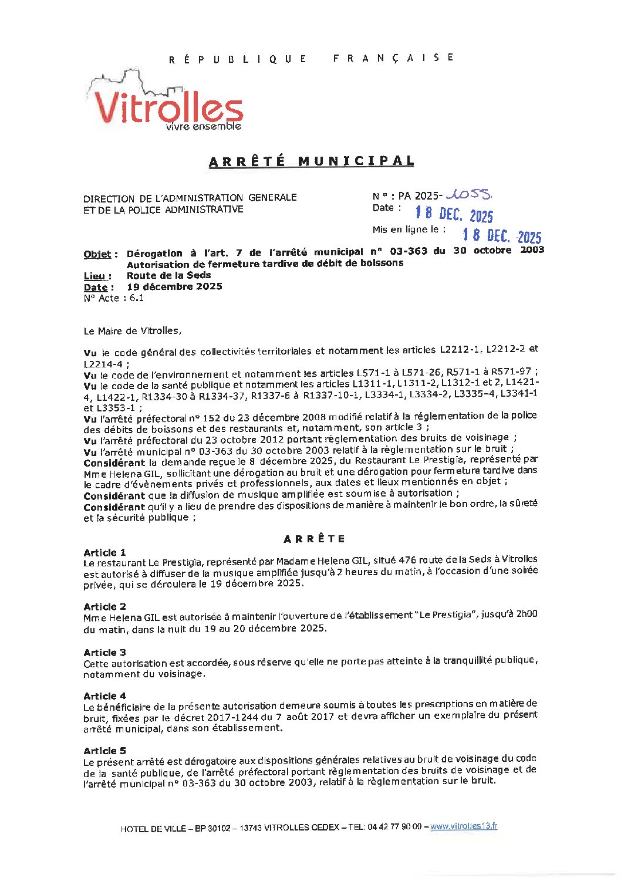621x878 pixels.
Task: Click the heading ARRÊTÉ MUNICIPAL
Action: coord(311,161)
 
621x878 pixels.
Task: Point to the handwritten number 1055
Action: coord(470,194)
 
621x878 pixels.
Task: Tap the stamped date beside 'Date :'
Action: coord(454,214)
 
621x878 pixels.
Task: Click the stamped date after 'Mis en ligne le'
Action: coord(501,235)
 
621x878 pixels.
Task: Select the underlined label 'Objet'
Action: coord(97,255)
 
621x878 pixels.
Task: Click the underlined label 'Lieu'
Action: coord(95,276)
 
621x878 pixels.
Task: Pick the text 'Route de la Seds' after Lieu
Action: coord(169,275)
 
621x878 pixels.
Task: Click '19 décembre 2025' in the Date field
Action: coord(174,287)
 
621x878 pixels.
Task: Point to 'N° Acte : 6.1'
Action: coord(114,298)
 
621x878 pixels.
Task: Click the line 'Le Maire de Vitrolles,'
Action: coord(133,331)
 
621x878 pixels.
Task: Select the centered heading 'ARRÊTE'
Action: coord(315,539)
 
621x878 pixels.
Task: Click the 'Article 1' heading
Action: coord(104,553)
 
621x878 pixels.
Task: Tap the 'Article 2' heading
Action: coord(104,607)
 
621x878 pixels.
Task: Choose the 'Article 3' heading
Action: coord(104,653)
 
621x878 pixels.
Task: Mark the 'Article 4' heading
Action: coord(104,696)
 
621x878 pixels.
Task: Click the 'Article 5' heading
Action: coord(104,751)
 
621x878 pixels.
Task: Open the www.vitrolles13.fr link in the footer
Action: coord(464,826)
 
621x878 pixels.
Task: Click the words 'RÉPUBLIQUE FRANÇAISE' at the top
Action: coord(311,58)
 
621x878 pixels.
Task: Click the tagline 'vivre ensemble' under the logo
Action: coord(203,127)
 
